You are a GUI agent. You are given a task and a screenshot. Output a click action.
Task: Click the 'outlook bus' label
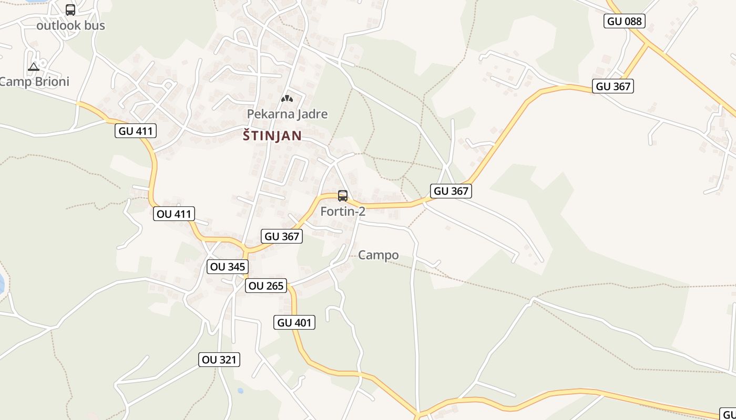pos(70,25)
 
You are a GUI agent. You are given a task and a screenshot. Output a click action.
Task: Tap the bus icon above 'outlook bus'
pos(70,9)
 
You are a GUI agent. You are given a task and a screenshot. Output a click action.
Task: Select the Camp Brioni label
pos(35,82)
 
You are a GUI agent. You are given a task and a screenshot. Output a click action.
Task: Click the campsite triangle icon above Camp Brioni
pos(34,67)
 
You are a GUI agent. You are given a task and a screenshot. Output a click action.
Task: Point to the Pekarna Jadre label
pos(287,114)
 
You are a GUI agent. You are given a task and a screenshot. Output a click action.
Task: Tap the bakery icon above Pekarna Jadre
pos(287,98)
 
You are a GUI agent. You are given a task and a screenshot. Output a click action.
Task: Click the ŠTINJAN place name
pos(272,136)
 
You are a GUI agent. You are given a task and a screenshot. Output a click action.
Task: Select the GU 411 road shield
pos(136,131)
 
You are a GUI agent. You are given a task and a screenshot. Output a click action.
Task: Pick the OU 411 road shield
pos(174,214)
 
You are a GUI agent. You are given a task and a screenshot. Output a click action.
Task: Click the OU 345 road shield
pos(227,267)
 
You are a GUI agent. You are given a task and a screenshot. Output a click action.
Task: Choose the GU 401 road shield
pos(294,322)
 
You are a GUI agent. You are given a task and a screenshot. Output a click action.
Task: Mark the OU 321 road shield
pos(220,360)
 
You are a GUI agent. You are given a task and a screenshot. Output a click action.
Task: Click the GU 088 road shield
pos(625,21)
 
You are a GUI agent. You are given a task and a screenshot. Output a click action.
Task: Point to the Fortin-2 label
pos(343,212)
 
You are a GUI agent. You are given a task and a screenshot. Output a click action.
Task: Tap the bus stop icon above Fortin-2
pos(343,196)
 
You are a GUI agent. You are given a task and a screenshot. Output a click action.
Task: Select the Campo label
pos(378,255)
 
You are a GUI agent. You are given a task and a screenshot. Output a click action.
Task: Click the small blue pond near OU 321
pos(240,391)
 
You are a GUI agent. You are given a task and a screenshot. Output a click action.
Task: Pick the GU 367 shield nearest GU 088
pos(612,86)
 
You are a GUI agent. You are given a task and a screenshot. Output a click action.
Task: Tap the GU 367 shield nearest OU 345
pos(282,236)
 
